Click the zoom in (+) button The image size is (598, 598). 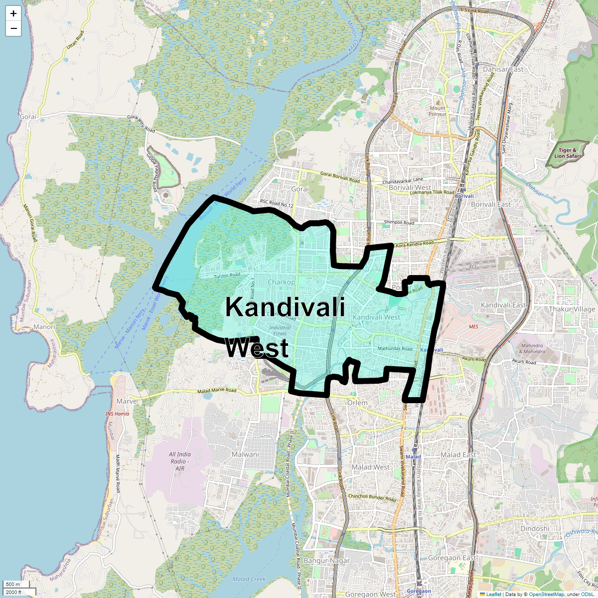tap(13, 13)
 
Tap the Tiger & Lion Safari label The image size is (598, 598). tap(568, 153)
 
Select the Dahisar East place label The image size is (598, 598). tap(503, 69)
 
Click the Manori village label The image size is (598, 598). tap(44, 327)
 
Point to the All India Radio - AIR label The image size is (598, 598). tap(180, 461)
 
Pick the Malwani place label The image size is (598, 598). tap(245, 454)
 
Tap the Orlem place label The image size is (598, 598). tap(357, 402)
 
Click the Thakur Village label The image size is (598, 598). tap(572, 309)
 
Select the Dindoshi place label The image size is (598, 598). tap(535, 528)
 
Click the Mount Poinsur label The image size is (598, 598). tap(438, 111)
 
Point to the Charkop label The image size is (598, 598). tap(282, 282)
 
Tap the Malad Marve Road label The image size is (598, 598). tap(217, 391)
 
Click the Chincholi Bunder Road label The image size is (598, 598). tap(372, 497)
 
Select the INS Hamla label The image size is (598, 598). tap(118, 414)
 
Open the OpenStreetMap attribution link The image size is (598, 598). tap(546, 594)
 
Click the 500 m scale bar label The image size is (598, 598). tap(13, 584)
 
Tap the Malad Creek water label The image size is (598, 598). tap(249, 579)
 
